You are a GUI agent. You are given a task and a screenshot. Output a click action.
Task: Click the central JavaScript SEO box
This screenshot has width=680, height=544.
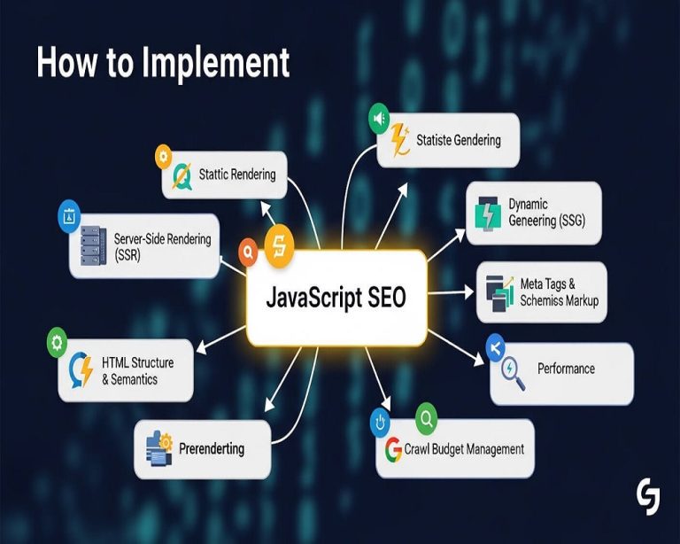pyautogui.click(x=336, y=298)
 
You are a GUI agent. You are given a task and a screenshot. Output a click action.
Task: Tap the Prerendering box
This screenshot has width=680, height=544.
pyautogui.click(x=203, y=449)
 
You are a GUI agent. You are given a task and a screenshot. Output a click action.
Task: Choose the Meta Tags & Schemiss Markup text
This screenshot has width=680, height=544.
pyautogui.click(x=559, y=291)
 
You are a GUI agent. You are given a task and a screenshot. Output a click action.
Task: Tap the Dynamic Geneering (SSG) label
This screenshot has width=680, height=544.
pyautogui.click(x=546, y=213)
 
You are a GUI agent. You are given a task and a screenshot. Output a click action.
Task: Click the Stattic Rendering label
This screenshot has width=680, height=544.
pyautogui.click(x=236, y=175)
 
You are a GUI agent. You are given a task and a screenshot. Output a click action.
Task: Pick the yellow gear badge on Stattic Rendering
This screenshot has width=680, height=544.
pyautogui.click(x=162, y=157)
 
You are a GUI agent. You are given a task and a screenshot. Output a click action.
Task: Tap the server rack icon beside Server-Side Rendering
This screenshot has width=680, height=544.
pyautogui.click(x=88, y=247)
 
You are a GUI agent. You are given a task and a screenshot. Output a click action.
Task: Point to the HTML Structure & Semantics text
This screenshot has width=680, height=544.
pyautogui.click(x=137, y=370)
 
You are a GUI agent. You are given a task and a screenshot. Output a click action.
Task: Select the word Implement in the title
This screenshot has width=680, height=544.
pyautogui.click(x=212, y=62)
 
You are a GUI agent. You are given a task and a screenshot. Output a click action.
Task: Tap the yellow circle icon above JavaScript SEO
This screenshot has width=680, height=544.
pyautogui.click(x=280, y=245)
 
